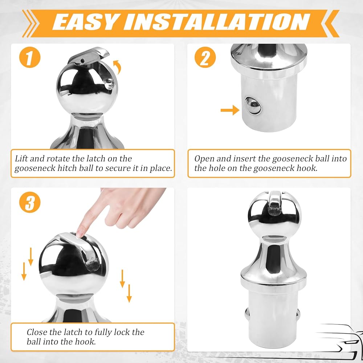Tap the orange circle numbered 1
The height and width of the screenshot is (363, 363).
coord(30,57)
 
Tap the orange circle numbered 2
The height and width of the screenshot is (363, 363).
coord(205,57)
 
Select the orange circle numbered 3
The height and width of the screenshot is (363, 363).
coord(30,202)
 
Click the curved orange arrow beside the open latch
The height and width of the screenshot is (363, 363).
coord(118,67)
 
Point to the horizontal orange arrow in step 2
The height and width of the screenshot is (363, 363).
coord(230,110)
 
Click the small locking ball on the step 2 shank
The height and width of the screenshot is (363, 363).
coord(253,105)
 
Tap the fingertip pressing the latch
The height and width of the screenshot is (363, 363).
coord(80,234)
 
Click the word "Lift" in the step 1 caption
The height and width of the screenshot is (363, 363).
coord(21,159)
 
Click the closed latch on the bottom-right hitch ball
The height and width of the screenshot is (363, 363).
coord(274,203)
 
